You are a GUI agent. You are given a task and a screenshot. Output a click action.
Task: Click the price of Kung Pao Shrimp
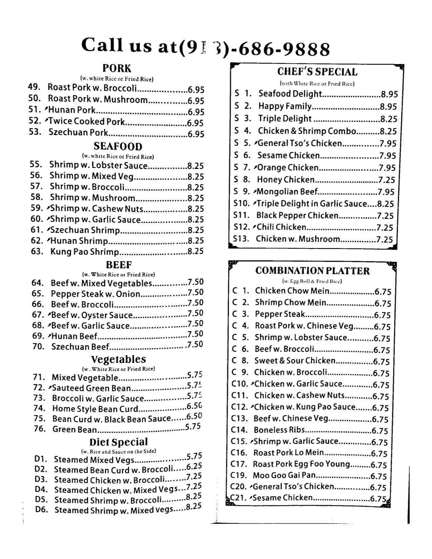click(x=196, y=251)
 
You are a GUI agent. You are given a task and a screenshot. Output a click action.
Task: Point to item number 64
click(x=38, y=283)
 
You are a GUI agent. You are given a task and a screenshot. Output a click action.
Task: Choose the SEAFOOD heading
click(x=118, y=146)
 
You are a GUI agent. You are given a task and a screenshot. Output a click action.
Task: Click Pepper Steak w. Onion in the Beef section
click(x=96, y=294)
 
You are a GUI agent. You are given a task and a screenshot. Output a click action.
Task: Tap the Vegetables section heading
click(x=119, y=359)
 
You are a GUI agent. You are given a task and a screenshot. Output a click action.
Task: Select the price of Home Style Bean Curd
click(x=194, y=406)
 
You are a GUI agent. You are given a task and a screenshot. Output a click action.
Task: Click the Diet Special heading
click(x=119, y=442)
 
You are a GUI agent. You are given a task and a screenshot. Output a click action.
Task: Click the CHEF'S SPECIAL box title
click(x=317, y=72)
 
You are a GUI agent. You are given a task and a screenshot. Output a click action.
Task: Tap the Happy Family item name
click(x=285, y=106)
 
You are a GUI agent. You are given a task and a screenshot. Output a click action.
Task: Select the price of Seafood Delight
click(x=389, y=94)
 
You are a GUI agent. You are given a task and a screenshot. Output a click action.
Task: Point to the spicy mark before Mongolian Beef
click(x=254, y=191)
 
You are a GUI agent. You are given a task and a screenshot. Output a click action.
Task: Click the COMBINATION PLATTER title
click(x=312, y=271)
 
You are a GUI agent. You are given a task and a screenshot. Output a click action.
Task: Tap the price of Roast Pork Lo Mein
click(x=379, y=453)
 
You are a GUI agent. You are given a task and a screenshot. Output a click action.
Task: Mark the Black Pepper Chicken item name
click(x=297, y=215)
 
